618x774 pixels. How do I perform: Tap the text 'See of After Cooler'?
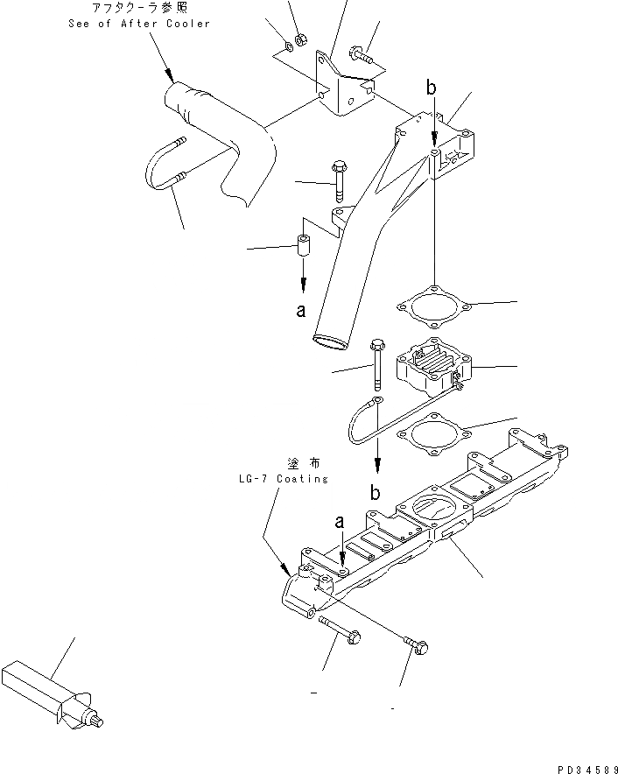139,23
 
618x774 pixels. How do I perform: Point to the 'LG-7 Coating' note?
282,479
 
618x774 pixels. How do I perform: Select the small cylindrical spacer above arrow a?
303,248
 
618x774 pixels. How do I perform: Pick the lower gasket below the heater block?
432,433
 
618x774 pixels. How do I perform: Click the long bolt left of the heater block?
377,362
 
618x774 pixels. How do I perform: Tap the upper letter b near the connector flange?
430,88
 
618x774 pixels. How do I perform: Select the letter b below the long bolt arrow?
375,493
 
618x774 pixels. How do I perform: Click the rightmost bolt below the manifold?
416,646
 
